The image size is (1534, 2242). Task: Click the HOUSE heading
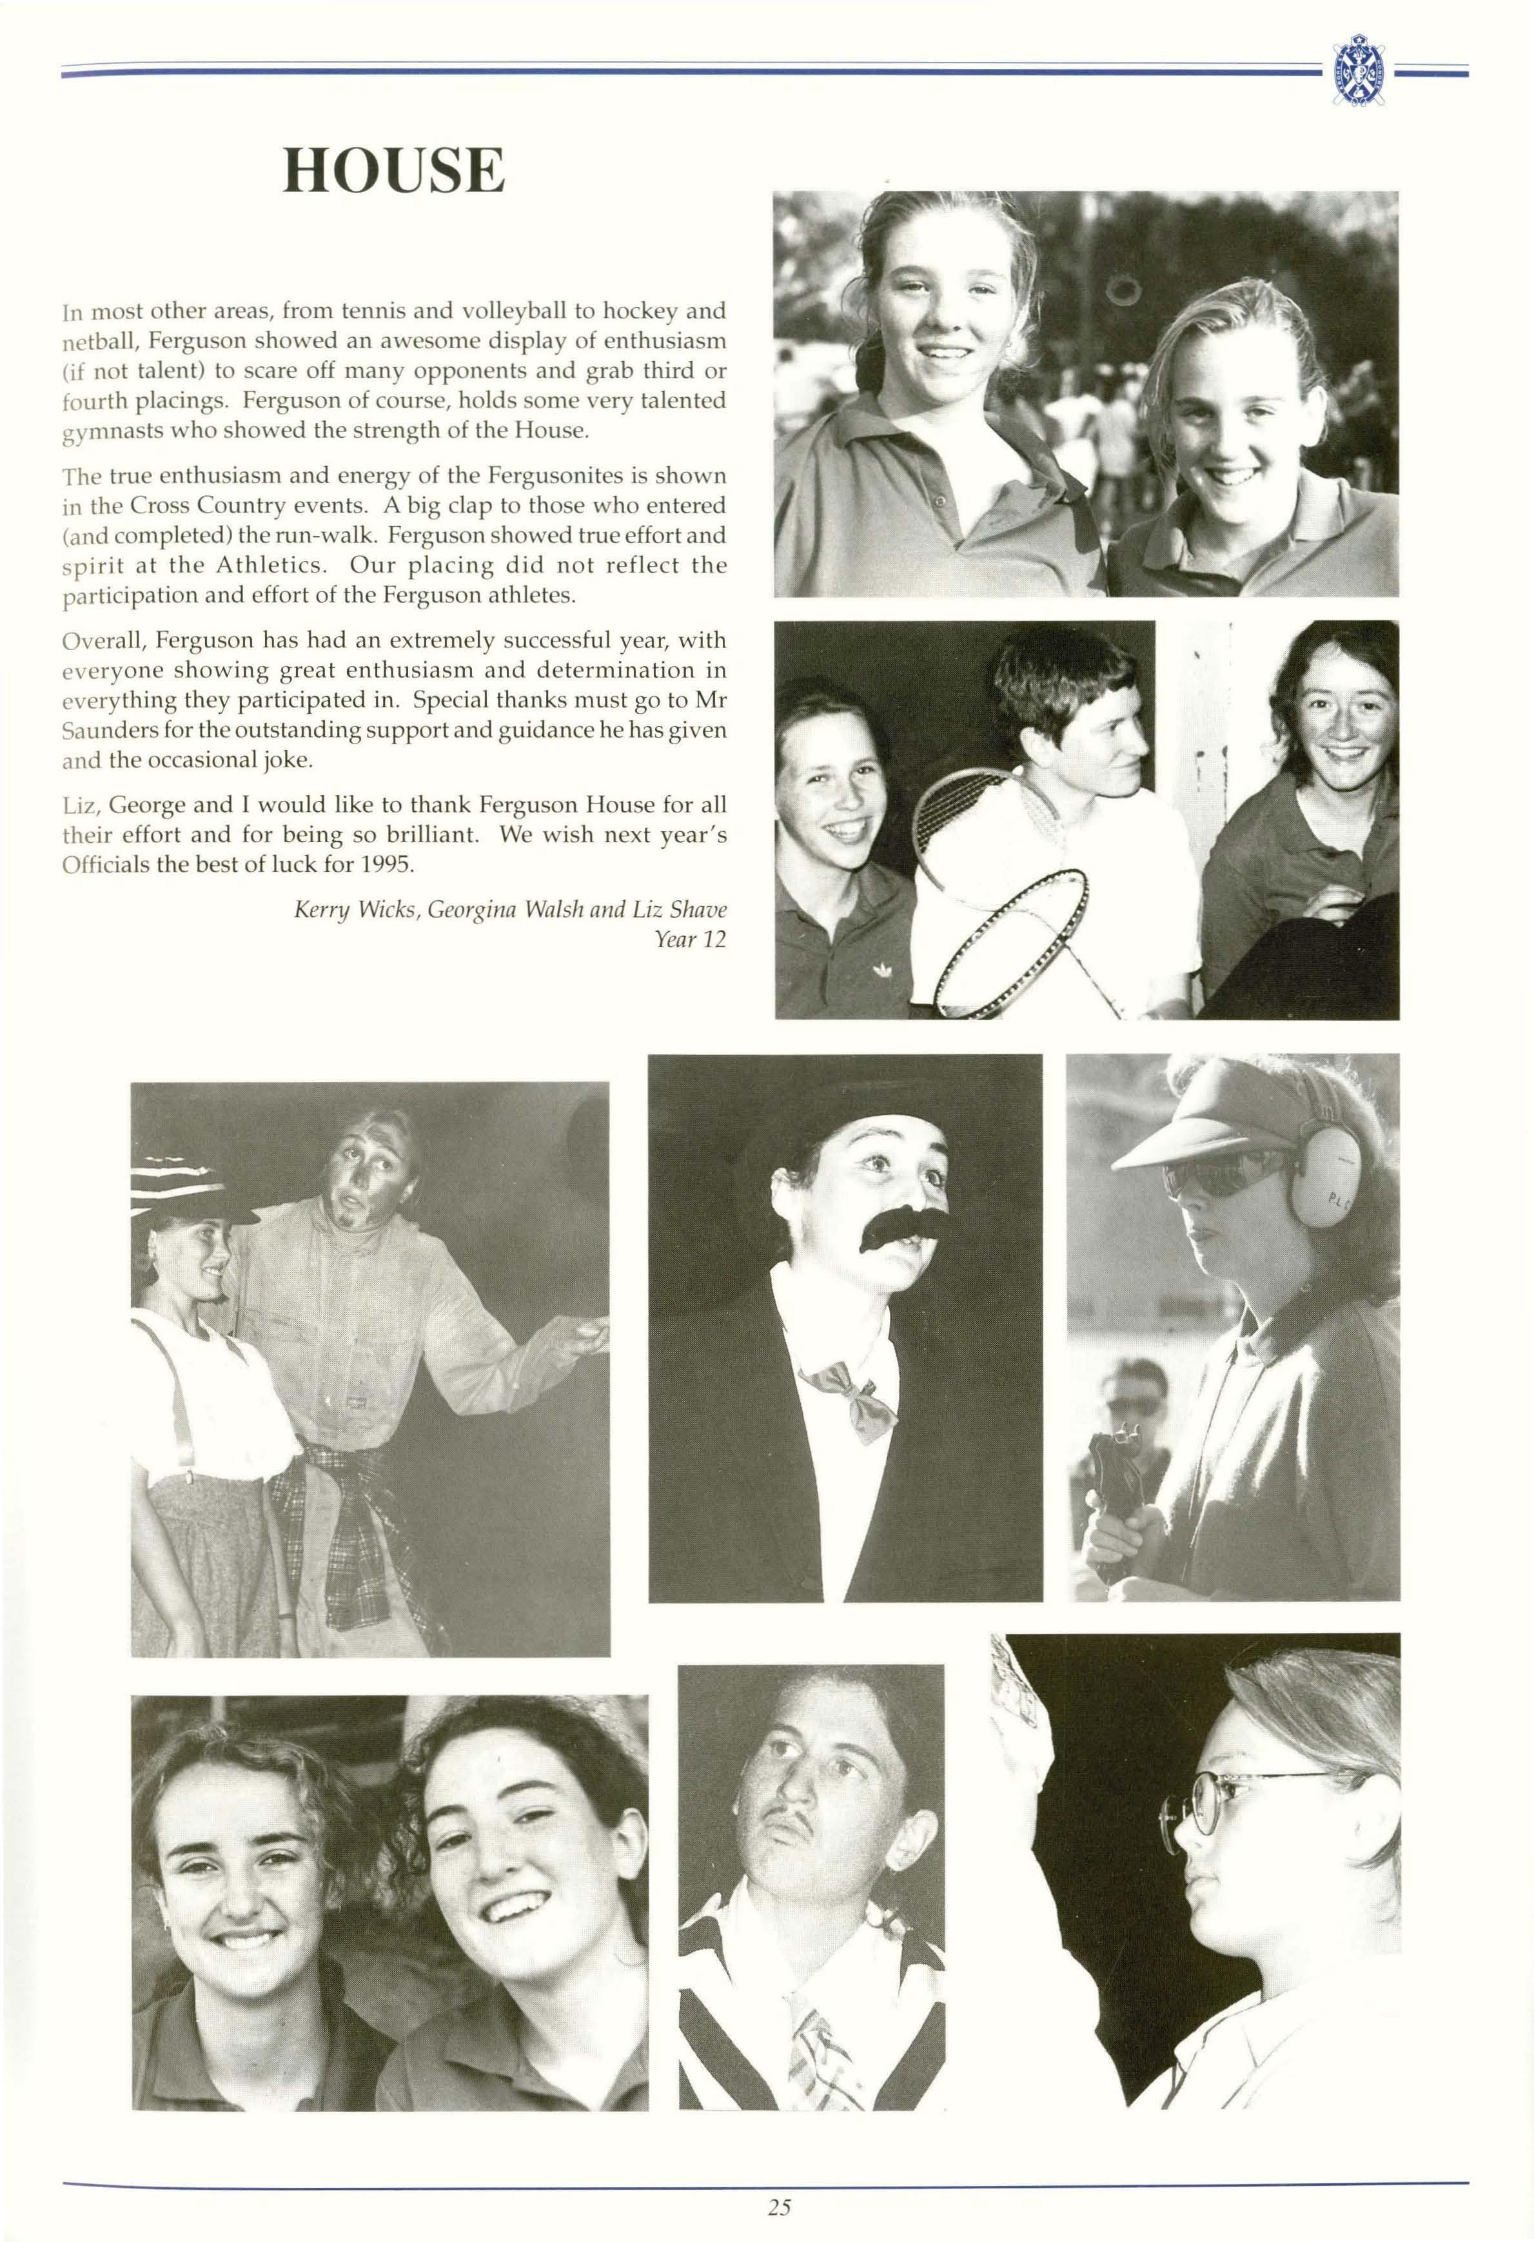393,171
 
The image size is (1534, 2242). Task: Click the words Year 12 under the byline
690,939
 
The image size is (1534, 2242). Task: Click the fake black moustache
894,1230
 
